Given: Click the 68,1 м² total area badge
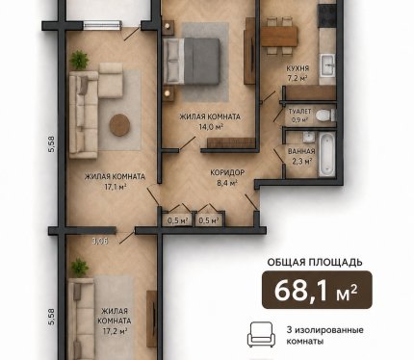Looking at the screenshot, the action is pos(317,290).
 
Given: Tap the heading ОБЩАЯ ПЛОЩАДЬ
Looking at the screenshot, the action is pos(315,263).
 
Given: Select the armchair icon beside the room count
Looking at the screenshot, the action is pos(261,335).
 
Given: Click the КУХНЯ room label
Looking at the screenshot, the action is pos(298,68).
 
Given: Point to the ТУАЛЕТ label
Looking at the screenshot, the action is pos(299,112).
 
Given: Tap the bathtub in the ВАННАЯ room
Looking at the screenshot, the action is pos(327,155).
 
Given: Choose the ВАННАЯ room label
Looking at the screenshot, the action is pos(301,151).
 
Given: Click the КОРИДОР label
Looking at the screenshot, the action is pos(227,172).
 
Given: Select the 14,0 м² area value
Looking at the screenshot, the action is pos(211,127).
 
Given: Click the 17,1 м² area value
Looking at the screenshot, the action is pos(115,187).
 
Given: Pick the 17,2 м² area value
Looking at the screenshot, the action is pos(115,330).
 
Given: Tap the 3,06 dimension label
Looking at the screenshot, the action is pos(99,241).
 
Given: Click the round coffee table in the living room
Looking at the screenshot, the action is pos(119,125).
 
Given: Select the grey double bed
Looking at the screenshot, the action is pos(192,62).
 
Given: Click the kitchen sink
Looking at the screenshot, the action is pos(327,65).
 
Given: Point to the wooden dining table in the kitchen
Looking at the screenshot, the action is pos(279,37).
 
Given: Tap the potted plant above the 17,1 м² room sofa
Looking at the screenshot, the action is pos(79,60).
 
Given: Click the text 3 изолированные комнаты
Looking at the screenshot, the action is pos(324,335).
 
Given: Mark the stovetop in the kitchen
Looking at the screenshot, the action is pos(326,15).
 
